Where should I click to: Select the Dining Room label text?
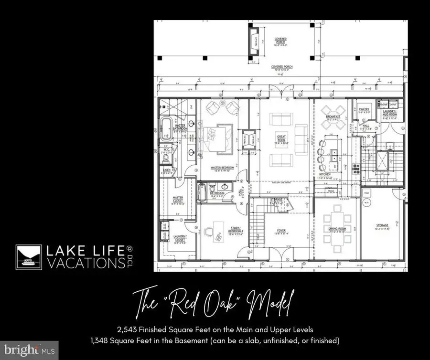337,230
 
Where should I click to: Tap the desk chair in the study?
209,231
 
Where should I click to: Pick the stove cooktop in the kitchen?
355,167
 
